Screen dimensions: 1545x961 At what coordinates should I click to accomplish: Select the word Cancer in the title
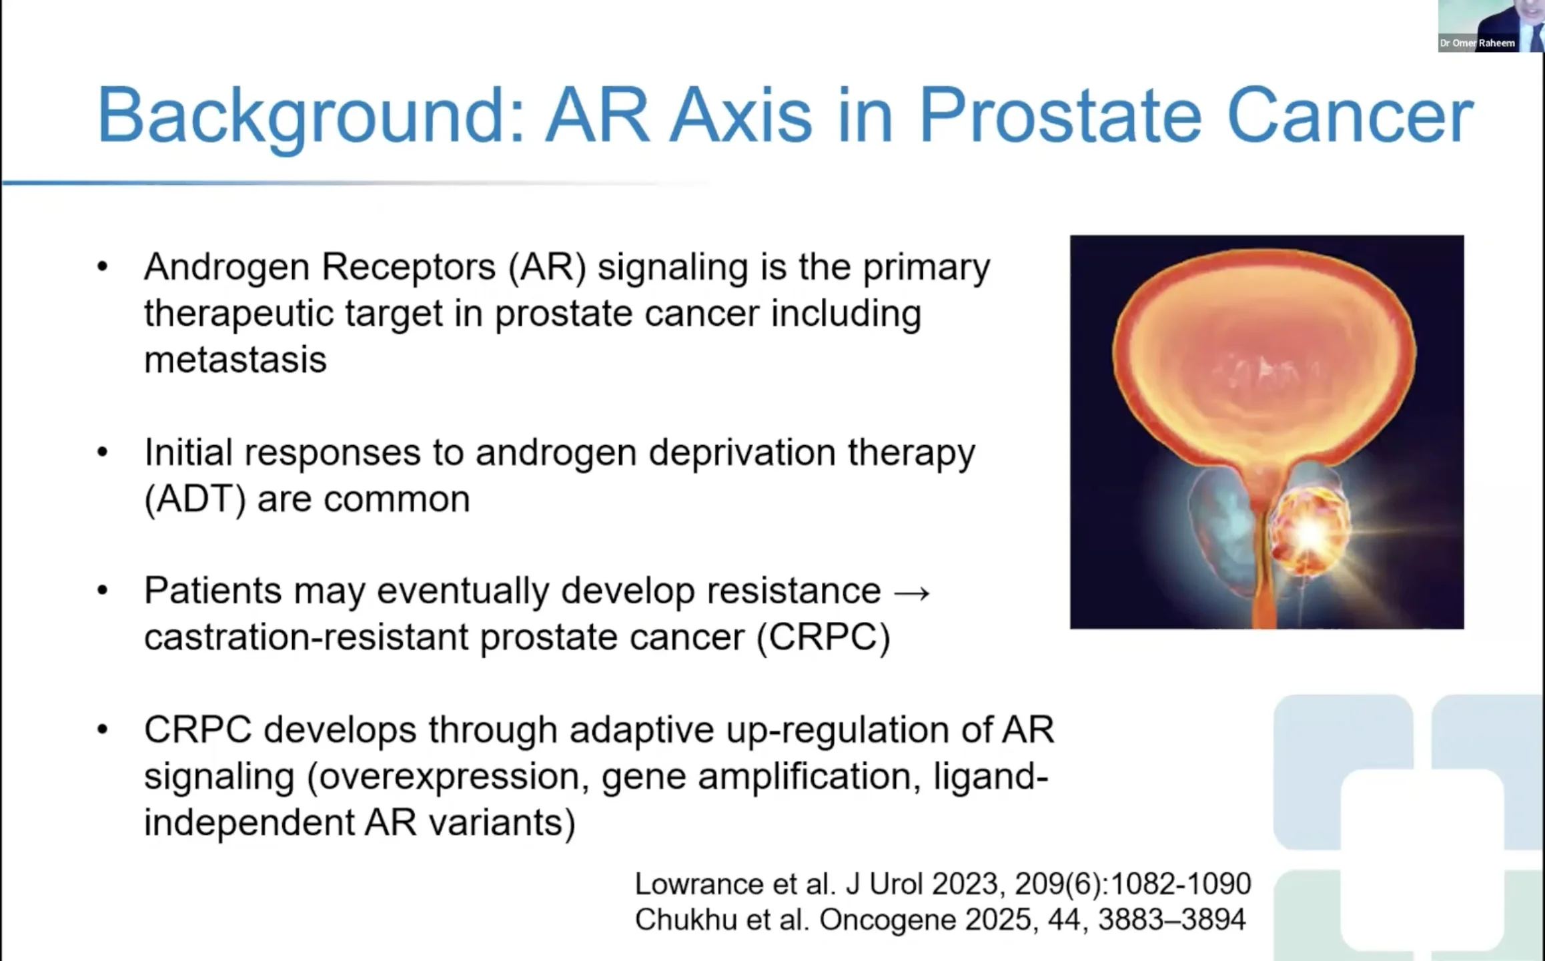(x=1350, y=115)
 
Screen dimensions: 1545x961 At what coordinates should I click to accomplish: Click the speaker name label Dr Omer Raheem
(x=1477, y=43)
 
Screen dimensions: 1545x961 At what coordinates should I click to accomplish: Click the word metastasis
(x=235, y=360)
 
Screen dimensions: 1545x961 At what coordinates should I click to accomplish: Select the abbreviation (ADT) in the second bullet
(x=195, y=499)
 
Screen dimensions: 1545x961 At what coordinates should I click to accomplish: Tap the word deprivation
(x=742, y=454)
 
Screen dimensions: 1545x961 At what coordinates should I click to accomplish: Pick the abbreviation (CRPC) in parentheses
(x=823, y=637)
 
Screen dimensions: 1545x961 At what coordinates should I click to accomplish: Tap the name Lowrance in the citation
(x=698, y=884)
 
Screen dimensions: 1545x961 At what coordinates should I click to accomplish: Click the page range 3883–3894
(x=1171, y=920)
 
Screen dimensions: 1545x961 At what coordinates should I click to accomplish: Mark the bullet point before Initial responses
(x=102, y=453)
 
